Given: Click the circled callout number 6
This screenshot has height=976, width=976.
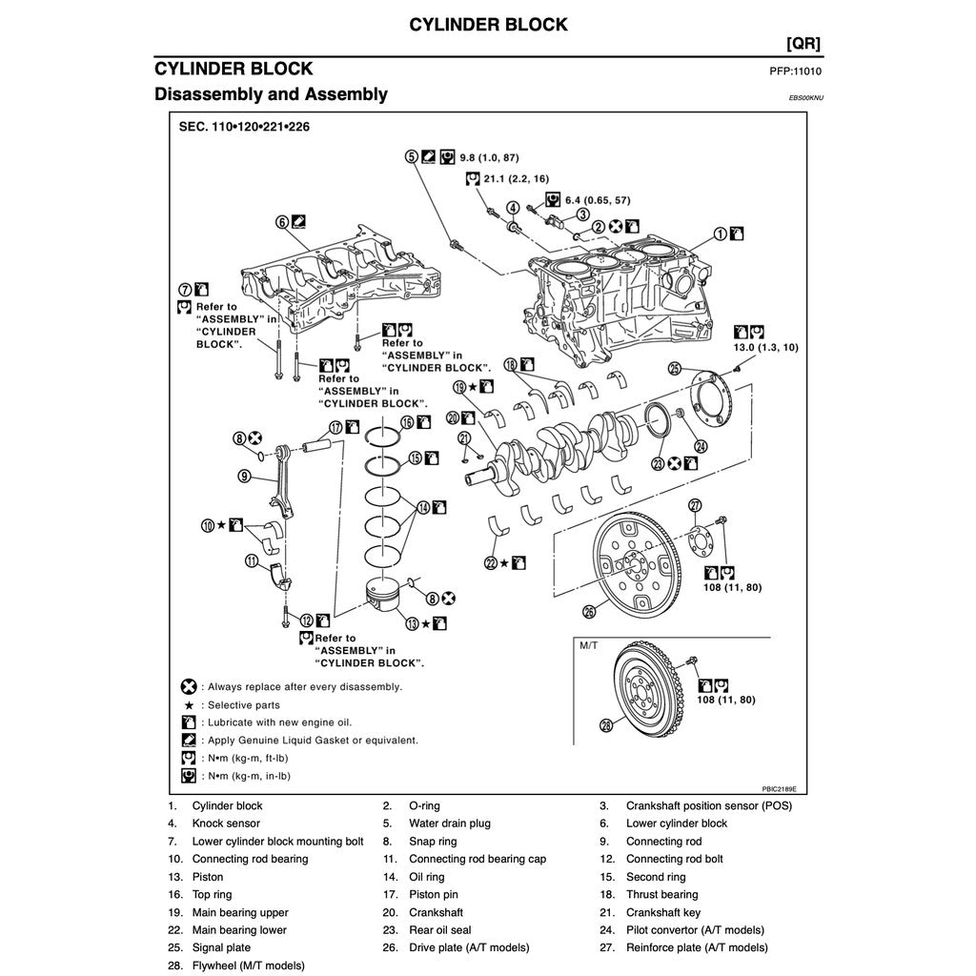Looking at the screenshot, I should coord(282,222).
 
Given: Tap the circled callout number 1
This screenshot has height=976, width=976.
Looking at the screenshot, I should coord(721,233).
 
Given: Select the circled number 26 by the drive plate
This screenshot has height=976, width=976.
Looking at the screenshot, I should coord(588,611).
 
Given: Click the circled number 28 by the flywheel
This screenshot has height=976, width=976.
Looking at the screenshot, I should coord(606,725).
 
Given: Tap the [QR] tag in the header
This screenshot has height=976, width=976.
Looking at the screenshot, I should coord(803,44).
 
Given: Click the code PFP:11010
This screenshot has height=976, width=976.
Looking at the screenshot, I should coord(795,71).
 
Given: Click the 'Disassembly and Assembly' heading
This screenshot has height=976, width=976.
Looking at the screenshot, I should coord(271,94).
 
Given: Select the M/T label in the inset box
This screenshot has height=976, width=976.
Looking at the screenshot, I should coord(588,645).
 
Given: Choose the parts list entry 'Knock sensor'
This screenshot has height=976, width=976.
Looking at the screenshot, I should coord(226,823).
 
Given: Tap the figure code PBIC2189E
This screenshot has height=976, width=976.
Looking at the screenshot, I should coord(778,789).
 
